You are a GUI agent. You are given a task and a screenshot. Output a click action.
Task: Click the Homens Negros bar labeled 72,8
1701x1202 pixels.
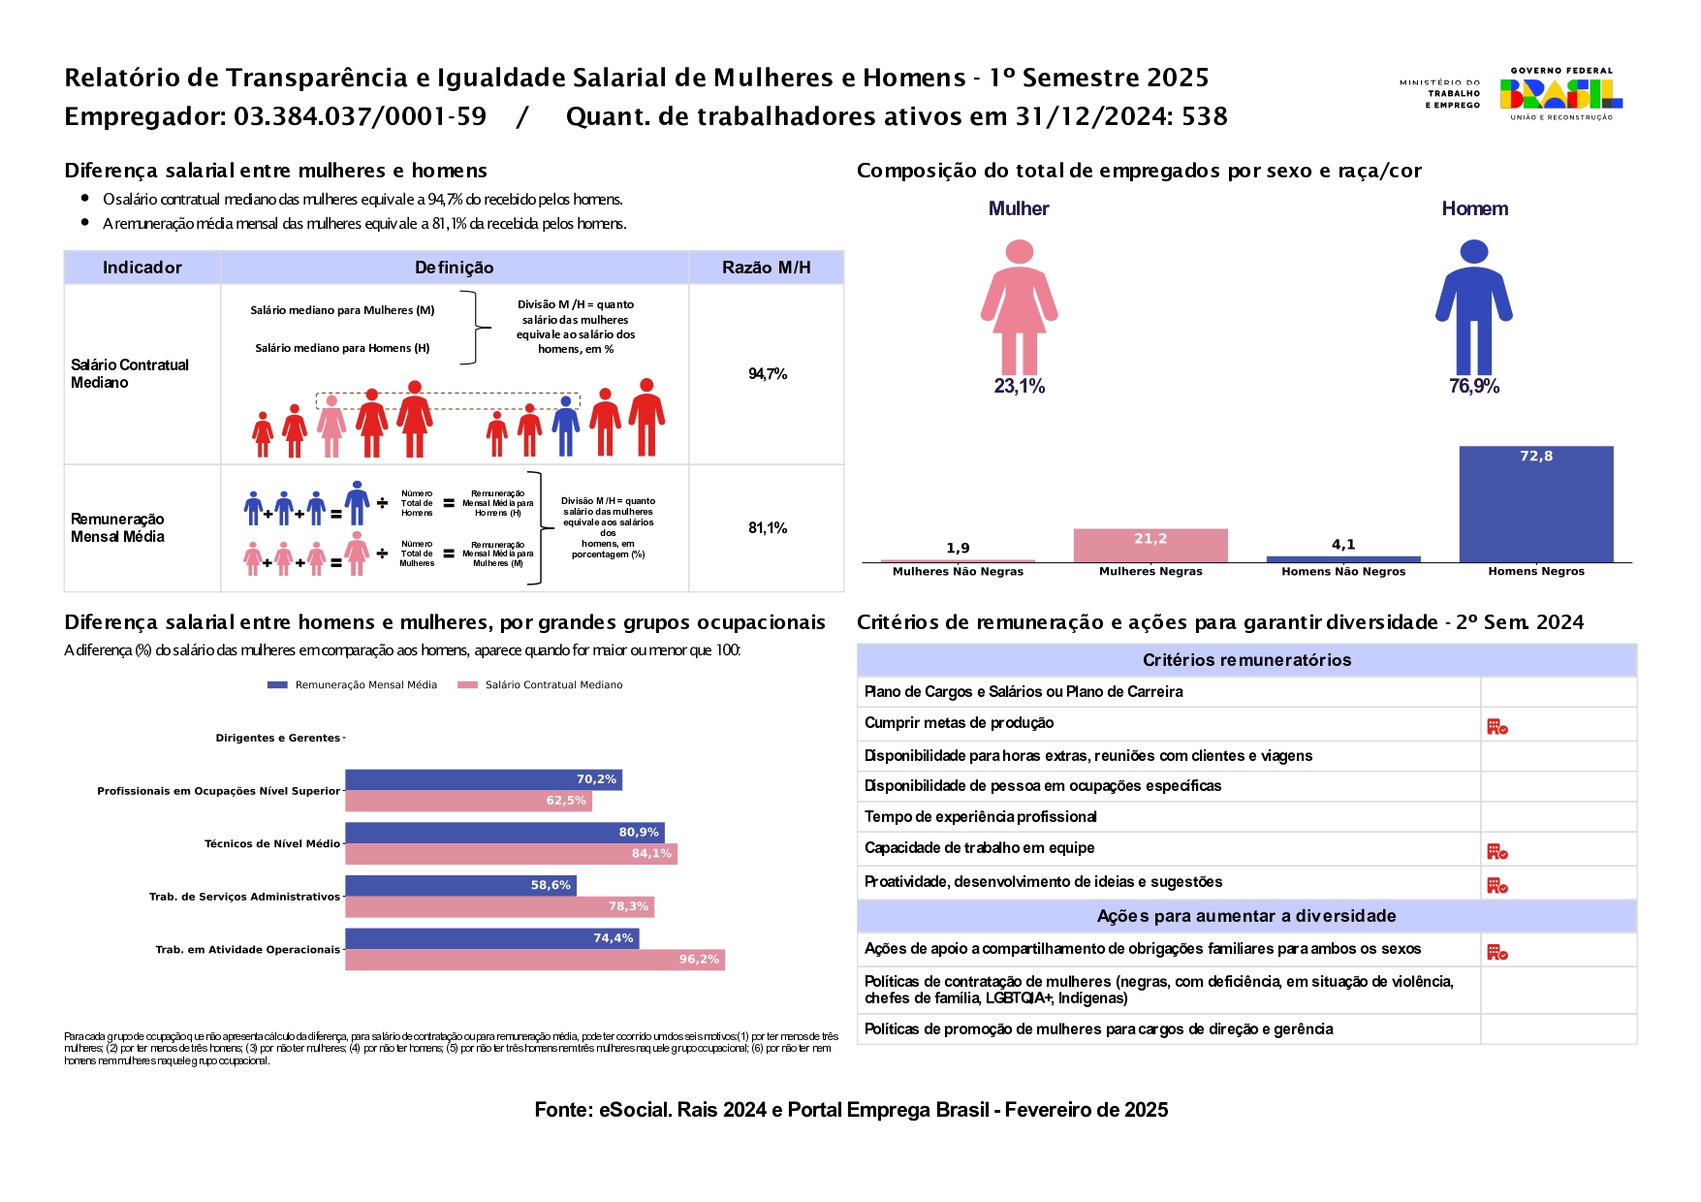1535,504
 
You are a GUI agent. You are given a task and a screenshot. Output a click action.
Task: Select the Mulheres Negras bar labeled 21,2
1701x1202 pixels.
1150,546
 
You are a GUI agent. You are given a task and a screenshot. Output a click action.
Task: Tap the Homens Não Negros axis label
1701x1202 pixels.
1342,572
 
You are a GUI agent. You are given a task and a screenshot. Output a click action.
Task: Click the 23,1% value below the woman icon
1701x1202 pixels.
1019,386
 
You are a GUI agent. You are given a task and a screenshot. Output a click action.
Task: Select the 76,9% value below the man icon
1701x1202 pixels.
1473,386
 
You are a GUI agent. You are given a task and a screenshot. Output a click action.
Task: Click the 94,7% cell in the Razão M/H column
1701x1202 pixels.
767,374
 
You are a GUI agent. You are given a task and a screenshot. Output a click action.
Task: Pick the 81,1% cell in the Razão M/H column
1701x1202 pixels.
767,528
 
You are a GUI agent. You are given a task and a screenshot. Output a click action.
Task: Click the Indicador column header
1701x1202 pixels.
142,268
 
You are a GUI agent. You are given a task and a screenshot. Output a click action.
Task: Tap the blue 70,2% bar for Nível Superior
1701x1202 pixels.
483,779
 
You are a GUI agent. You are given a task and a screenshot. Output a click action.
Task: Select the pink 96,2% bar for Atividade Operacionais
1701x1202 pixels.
534,960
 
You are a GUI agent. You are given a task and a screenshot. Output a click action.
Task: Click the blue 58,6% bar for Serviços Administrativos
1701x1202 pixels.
460,885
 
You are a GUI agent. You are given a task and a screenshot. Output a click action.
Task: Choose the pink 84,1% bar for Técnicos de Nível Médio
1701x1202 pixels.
511,854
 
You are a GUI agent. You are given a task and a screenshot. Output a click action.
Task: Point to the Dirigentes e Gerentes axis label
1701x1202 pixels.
277,739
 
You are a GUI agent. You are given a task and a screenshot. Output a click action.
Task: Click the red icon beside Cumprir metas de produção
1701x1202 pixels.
1496,727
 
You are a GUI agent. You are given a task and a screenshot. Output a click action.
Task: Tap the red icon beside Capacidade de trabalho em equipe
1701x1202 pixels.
1496,852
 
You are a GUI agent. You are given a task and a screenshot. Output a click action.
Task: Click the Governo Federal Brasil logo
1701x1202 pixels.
1560,94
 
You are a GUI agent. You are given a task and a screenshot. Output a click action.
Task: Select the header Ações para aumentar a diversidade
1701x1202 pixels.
1246,916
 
